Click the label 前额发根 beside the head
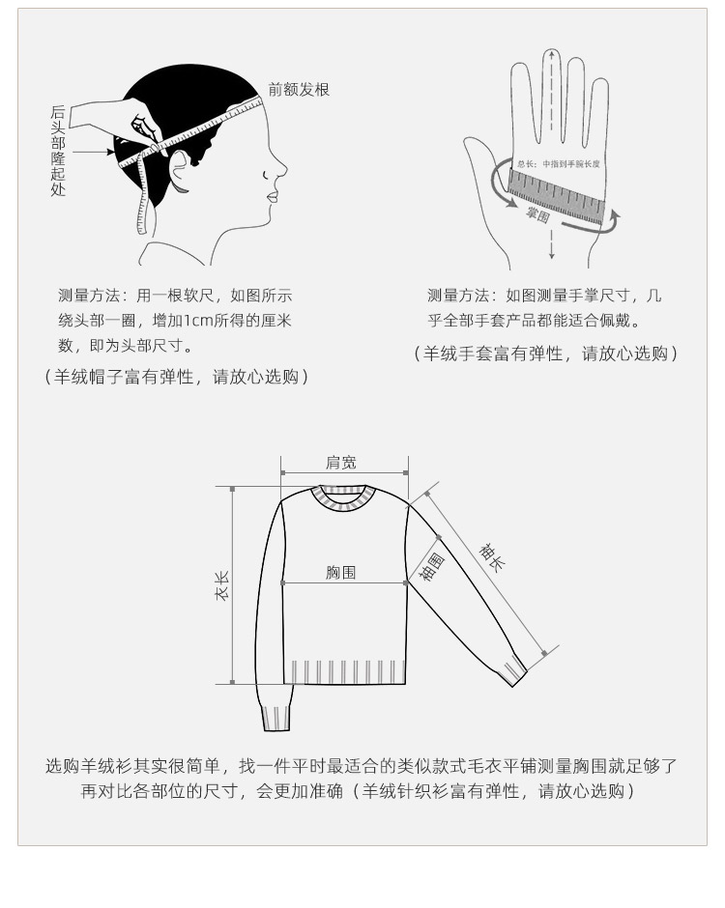[x=300, y=90]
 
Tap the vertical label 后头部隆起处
[x=59, y=152]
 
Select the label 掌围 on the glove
[x=537, y=214]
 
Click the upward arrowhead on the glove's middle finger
[x=551, y=56]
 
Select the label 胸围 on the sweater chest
[x=340, y=572]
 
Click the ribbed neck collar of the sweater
[x=343, y=498]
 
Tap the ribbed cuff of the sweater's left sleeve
[x=276, y=718]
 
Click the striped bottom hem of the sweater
[x=344, y=671]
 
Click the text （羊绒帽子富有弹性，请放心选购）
[x=177, y=377]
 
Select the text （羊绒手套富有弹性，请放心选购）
[x=546, y=354]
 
